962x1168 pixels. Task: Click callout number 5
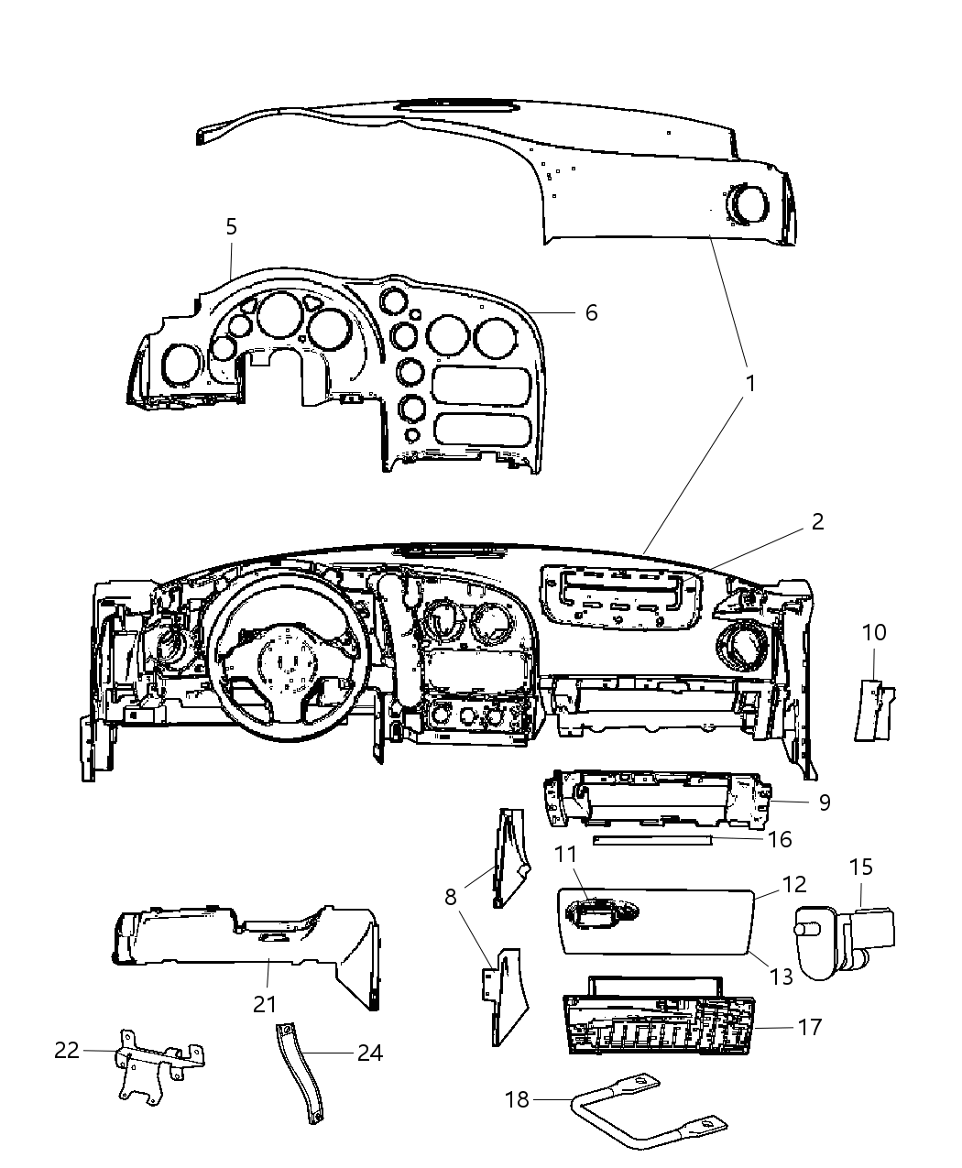(231, 226)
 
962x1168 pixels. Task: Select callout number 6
(591, 312)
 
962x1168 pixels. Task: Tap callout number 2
(817, 521)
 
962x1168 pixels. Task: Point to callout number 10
(874, 632)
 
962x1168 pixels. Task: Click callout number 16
(780, 839)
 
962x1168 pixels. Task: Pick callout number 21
(265, 1004)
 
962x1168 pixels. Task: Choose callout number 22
(67, 1050)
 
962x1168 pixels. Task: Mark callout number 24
(369, 1053)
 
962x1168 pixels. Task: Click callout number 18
(518, 1098)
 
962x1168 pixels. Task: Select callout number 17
(810, 1027)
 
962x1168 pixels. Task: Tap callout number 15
(861, 867)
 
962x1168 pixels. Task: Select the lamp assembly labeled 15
(838, 934)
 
